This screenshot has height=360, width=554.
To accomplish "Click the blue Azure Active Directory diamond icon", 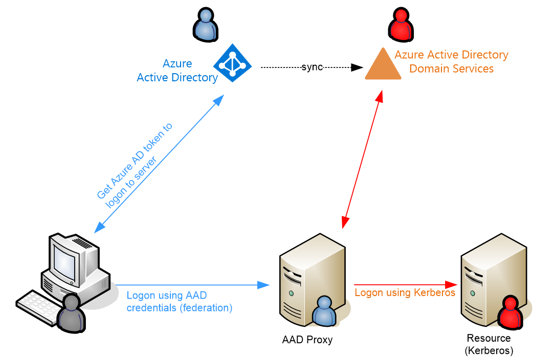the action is (232, 63).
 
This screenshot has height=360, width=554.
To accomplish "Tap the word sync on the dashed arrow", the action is (312, 67).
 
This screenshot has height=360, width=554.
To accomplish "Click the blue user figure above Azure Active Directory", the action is (205, 25).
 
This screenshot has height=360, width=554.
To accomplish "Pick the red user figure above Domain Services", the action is (401, 25).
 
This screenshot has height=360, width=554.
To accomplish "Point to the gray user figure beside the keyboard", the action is (72, 313).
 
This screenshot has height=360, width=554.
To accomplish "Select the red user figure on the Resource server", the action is (510, 313).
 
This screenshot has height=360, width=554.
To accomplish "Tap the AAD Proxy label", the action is (307, 340).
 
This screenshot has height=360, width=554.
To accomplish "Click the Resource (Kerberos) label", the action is (489, 344).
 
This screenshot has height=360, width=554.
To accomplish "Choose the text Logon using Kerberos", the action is (405, 292).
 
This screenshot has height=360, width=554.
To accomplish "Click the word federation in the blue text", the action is (206, 308).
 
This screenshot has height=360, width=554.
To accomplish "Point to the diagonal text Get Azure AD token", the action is (135, 161).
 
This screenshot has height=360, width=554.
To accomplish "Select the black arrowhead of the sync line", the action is (357, 67).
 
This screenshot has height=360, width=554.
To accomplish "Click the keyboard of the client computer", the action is (39, 306).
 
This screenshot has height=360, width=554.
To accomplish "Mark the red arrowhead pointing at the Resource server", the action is (451, 284).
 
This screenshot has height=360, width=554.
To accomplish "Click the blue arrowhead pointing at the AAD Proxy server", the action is (263, 285).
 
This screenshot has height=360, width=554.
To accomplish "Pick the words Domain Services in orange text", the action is (451, 69).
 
